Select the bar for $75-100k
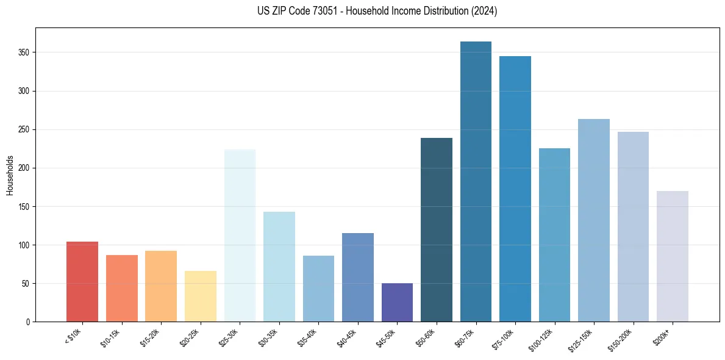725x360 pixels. [x=515, y=189]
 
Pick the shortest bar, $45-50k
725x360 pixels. [x=397, y=303]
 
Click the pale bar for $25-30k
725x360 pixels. [x=240, y=236]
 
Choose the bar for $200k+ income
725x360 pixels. [x=673, y=256]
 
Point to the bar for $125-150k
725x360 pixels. [x=594, y=220]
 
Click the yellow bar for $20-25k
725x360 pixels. [x=201, y=297]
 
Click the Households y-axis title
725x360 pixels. [x=10, y=175]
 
